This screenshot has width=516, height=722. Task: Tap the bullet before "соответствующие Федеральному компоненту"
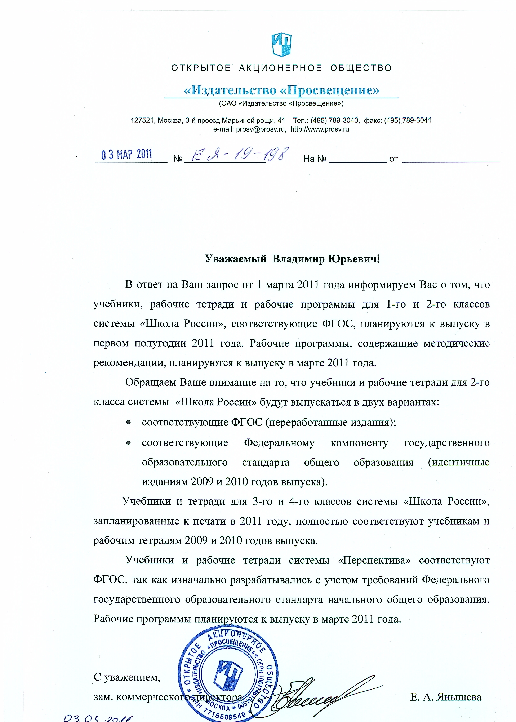tap(129, 442)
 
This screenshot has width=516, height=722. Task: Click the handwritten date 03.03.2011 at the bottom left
tap(98, 717)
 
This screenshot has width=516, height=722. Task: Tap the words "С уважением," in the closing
tap(127, 678)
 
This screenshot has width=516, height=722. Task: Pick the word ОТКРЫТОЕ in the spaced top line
tap(201, 68)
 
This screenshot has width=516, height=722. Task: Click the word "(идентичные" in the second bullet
tap(458, 462)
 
